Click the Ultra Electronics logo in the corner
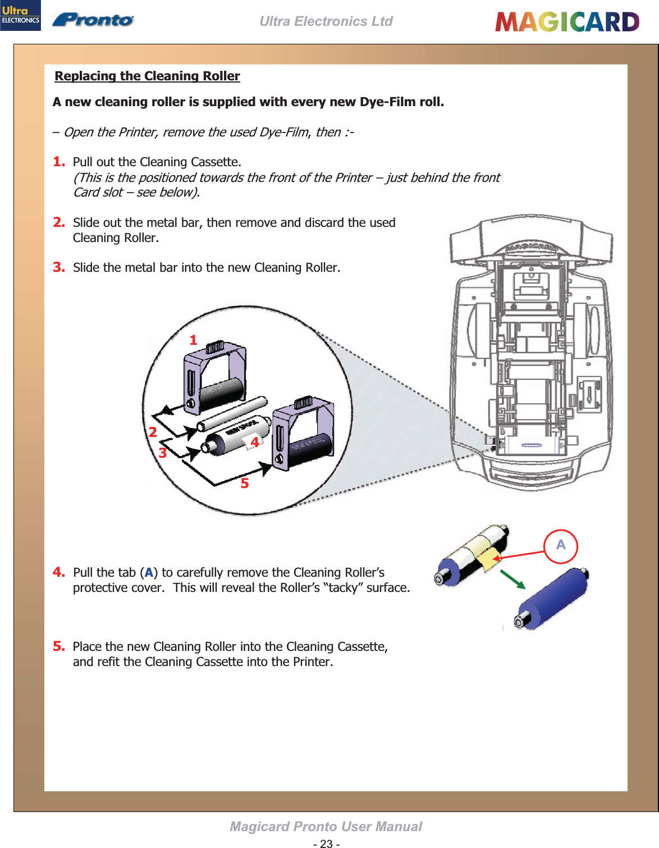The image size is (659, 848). point(20,15)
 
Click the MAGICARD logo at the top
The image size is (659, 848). point(567,22)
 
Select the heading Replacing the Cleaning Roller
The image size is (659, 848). point(147,76)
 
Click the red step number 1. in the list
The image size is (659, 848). point(59,162)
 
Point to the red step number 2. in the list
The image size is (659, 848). point(59,222)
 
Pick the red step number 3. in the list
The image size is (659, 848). point(59,267)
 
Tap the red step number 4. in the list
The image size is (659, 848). point(59,572)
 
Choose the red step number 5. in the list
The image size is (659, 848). point(59,646)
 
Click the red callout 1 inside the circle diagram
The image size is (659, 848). point(193,340)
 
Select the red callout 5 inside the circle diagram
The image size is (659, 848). point(245,484)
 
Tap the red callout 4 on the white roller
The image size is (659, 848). point(255,442)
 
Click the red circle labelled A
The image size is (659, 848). point(561,545)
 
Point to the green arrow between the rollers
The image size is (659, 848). point(512,579)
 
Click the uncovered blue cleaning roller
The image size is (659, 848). point(553,598)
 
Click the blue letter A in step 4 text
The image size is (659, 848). point(149,573)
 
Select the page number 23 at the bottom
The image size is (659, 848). point(326,844)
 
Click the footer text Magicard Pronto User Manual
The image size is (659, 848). point(326,827)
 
